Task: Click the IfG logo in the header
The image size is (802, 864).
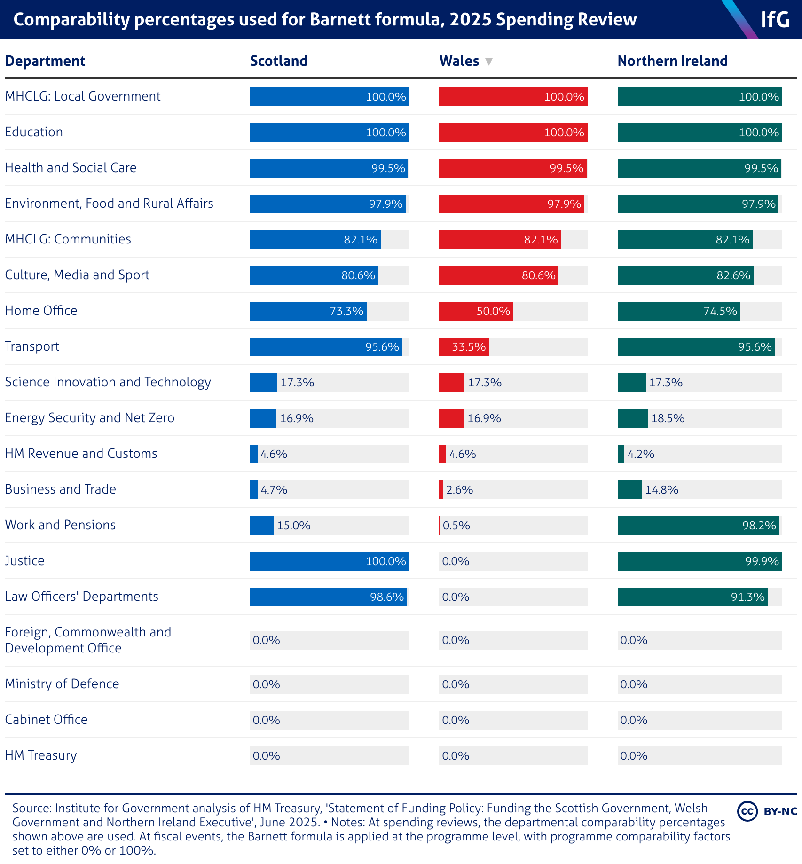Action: [x=775, y=19]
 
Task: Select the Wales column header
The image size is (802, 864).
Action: [x=459, y=61]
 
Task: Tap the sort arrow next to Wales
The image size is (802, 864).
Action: [x=489, y=62]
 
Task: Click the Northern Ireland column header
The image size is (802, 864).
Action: [x=672, y=61]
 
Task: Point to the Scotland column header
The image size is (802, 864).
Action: [x=278, y=61]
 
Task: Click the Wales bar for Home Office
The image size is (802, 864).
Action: [x=476, y=311]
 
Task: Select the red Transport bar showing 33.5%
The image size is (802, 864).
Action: [x=464, y=347]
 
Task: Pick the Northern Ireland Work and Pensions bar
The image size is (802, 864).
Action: [x=698, y=526]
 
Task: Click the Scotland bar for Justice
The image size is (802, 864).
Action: [x=329, y=561]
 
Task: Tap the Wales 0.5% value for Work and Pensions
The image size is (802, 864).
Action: [x=456, y=526]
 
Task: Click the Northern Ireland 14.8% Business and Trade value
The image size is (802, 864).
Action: [x=661, y=490]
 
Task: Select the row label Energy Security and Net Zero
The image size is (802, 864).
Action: [x=89, y=418]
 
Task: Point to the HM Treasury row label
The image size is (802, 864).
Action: [x=41, y=755]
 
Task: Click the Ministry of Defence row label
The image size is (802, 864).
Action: [x=62, y=684]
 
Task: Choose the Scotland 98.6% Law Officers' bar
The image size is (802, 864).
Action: [x=328, y=597]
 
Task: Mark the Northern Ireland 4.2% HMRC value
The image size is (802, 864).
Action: [x=641, y=454]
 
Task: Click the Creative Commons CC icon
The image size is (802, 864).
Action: [x=747, y=811]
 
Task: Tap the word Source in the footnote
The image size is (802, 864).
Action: [x=31, y=808]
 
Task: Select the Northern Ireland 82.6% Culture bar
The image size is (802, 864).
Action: [x=685, y=275]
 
